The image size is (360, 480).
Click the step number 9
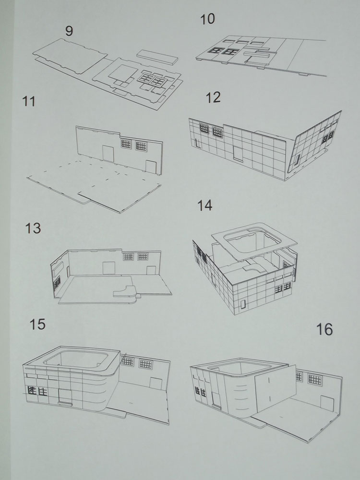click(69, 31)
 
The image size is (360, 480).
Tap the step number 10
click(207, 19)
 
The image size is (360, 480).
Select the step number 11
click(29, 101)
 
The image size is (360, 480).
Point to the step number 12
click(213, 97)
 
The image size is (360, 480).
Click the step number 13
click(33, 228)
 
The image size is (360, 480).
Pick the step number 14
click(205, 205)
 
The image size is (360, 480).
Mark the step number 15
click(37, 324)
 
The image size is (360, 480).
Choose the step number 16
click(324, 330)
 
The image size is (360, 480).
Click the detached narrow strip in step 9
click(157, 57)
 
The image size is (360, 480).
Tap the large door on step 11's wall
click(108, 154)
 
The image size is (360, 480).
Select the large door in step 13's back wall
click(108, 268)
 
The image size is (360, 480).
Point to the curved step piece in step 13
click(125, 292)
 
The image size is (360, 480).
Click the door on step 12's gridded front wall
click(238, 154)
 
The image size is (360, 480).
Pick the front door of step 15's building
click(65, 397)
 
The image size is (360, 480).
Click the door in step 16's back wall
click(327, 404)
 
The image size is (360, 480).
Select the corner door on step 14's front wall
click(243, 304)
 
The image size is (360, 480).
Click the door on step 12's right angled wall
click(297, 159)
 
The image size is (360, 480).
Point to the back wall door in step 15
click(156, 384)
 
